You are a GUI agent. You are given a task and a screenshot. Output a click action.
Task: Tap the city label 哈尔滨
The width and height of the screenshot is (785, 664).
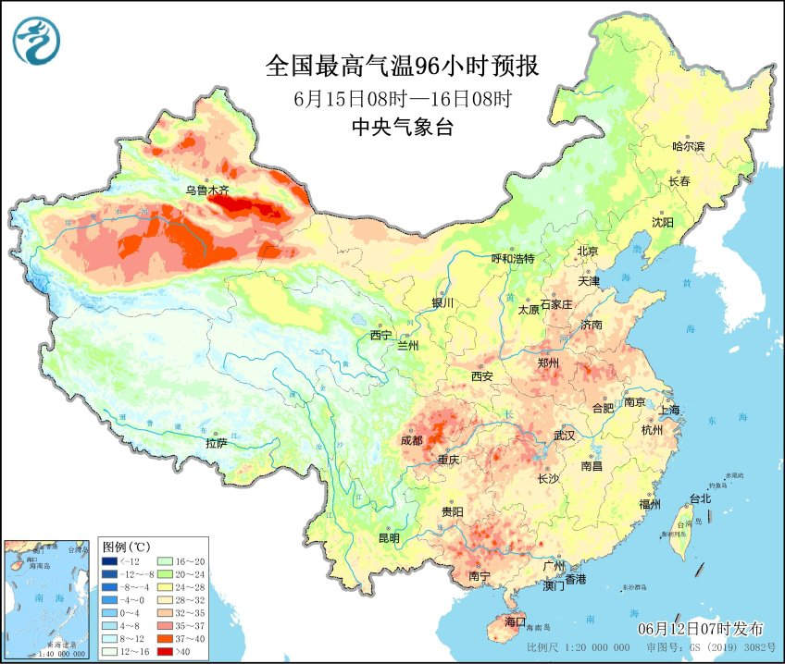688,147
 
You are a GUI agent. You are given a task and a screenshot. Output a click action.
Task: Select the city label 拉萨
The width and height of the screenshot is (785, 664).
216,443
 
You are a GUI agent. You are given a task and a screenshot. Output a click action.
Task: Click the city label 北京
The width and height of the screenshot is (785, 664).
589,251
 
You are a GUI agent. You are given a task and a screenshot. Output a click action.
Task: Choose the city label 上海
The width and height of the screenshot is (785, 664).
671,410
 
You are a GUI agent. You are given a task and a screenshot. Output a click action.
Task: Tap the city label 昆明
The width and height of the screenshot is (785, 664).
389,538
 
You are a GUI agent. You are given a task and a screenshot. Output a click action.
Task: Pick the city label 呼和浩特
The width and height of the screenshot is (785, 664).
513,259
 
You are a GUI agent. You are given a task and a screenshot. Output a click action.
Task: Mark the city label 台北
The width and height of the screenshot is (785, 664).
700,498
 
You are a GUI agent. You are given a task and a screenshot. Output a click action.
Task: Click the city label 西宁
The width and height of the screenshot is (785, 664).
380,335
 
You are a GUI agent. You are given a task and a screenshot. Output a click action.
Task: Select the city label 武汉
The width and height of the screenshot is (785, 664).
564,435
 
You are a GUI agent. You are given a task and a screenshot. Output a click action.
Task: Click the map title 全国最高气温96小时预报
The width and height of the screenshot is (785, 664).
402,67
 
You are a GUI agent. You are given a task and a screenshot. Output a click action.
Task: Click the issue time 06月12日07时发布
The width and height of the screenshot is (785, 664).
701,629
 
